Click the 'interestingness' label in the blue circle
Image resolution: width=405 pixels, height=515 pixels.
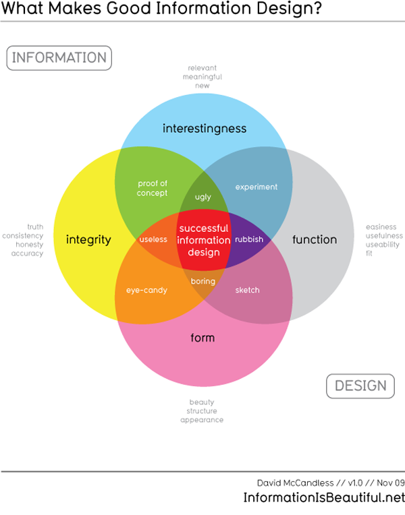click(x=204, y=128)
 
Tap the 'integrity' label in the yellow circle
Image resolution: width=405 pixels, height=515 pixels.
click(x=88, y=239)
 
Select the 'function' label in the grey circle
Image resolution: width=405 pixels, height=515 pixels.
click(x=314, y=239)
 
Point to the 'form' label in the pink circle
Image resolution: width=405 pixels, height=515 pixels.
click(x=202, y=337)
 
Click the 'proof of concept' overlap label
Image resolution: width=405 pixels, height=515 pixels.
click(x=152, y=188)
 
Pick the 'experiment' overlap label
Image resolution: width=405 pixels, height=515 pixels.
click(x=256, y=187)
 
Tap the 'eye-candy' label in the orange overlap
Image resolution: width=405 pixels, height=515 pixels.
click(x=146, y=291)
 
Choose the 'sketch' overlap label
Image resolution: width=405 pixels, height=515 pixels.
click(x=247, y=291)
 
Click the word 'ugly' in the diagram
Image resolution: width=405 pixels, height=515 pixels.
click(x=202, y=198)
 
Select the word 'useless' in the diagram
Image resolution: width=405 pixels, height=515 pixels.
click(x=153, y=239)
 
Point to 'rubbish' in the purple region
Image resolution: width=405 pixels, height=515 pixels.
click(x=248, y=239)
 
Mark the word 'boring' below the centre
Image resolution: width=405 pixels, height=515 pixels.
click(x=202, y=281)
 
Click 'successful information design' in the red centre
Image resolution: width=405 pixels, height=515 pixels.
click(x=204, y=240)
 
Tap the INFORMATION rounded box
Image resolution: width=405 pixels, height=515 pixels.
click(x=59, y=58)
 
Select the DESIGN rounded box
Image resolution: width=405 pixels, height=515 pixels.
click(x=360, y=386)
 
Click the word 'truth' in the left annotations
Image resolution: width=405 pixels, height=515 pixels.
click(x=35, y=227)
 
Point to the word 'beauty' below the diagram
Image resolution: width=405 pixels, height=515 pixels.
click(x=201, y=402)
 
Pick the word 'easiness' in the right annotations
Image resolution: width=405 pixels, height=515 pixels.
click(x=381, y=227)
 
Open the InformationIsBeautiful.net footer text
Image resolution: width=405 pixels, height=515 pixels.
click(x=324, y=498)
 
